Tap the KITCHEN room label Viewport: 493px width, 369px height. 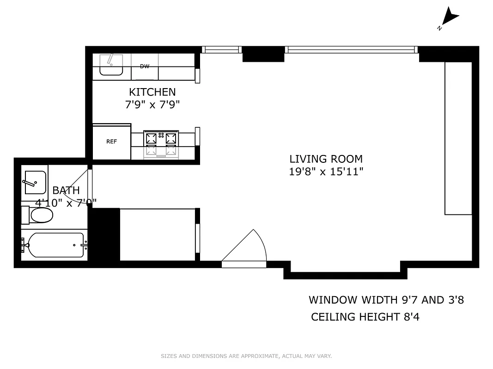[x=152, y=92]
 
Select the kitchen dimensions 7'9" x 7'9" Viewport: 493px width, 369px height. [x=152, y=105]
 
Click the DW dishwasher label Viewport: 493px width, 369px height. [x=145, y=66]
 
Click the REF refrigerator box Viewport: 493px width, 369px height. [x=112, y=142]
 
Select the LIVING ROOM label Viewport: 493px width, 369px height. [x=326, y=159]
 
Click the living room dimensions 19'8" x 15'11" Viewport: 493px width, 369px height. [x=326, y=172]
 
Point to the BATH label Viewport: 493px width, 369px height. [x=66, y=190]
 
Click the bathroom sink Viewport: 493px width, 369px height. [x=34, y=183]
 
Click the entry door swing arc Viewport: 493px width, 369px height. [x=247, y=247]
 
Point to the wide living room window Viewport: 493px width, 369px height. [x=351, y=49]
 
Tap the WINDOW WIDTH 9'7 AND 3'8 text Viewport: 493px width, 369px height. [x=386, y=300]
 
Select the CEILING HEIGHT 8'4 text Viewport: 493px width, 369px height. [x=365, y=317]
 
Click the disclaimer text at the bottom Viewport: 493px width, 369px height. [x=246, y=356]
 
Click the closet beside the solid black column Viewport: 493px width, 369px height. [x=158, y=235]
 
